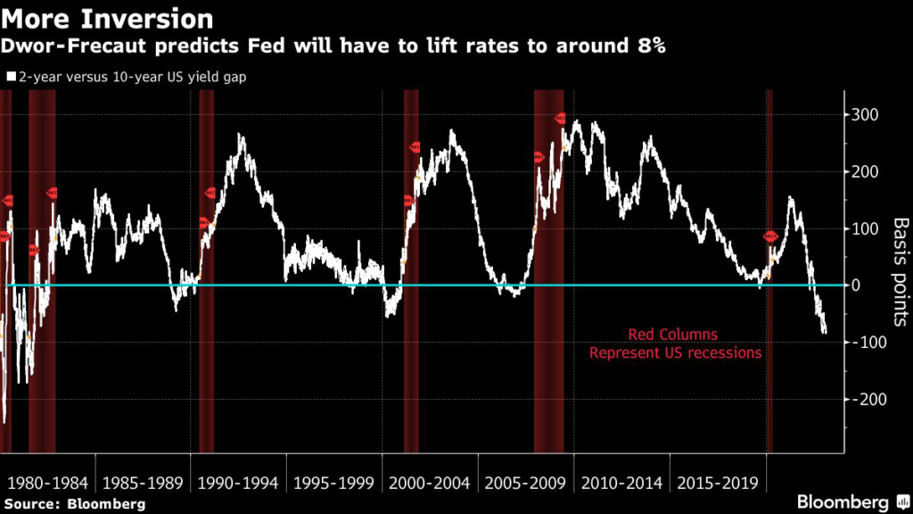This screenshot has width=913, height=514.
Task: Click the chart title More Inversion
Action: click(106, 18)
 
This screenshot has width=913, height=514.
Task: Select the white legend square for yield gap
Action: click(10, 77)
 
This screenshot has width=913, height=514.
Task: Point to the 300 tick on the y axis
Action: click(865, 115)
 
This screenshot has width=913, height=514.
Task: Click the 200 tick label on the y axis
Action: click(865, 172)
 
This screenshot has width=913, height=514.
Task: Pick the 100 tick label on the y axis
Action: click(865, 228)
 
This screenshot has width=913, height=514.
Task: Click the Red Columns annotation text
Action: click(675, 335)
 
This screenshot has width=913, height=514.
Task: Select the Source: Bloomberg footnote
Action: click(73, 503)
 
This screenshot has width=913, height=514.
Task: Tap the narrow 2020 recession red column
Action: click(769, 357)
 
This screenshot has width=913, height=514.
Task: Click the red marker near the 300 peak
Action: click(561, 118)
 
